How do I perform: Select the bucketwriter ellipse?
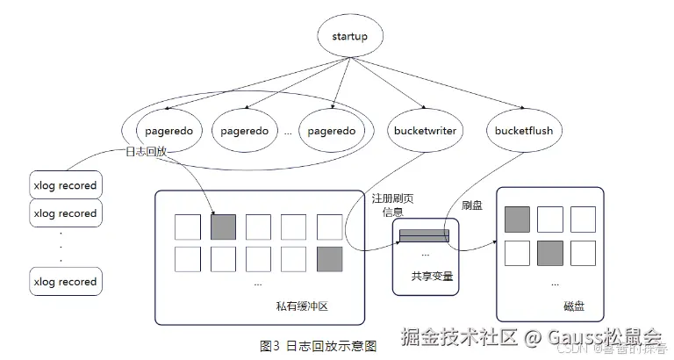[424, 132]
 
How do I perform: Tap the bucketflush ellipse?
[524, 132]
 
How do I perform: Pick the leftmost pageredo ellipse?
[169, 132]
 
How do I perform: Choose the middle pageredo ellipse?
[250, 132]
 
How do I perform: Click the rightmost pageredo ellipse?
[331, 132]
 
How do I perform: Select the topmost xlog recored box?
[64, 186]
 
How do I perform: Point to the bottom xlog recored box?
[64, 282]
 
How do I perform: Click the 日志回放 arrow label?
[146, 152]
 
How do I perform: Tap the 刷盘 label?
[472, 205]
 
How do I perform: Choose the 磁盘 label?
[574, 306]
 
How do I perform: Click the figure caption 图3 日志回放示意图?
[319, 346]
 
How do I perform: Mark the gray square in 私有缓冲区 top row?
[224, 227]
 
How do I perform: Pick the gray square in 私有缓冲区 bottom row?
[330, 259]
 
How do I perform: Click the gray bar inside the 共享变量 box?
[424, 234]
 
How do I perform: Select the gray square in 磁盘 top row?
[517, 220]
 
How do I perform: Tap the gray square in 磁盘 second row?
[550, 253]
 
